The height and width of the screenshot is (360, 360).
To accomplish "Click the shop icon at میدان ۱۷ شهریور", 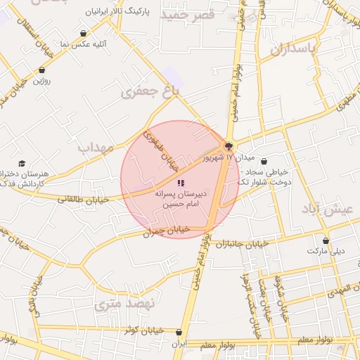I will pos(229,146).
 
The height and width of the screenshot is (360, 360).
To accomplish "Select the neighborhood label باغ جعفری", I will pos(150,91).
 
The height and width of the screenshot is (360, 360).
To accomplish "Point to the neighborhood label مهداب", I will pos(96,148).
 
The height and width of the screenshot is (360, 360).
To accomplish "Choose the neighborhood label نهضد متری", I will pos(118,305).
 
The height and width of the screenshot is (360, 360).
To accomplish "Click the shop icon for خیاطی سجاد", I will pos(264,162).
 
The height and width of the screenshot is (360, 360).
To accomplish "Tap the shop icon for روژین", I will pos(43,70).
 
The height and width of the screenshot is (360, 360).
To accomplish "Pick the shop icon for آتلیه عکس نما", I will pos(84,33).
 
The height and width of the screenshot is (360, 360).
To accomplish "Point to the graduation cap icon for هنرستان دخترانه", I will pos(22,164).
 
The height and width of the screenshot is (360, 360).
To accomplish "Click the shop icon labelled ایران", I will pos(179,333).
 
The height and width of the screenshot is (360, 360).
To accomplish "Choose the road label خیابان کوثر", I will pos(143,330).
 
